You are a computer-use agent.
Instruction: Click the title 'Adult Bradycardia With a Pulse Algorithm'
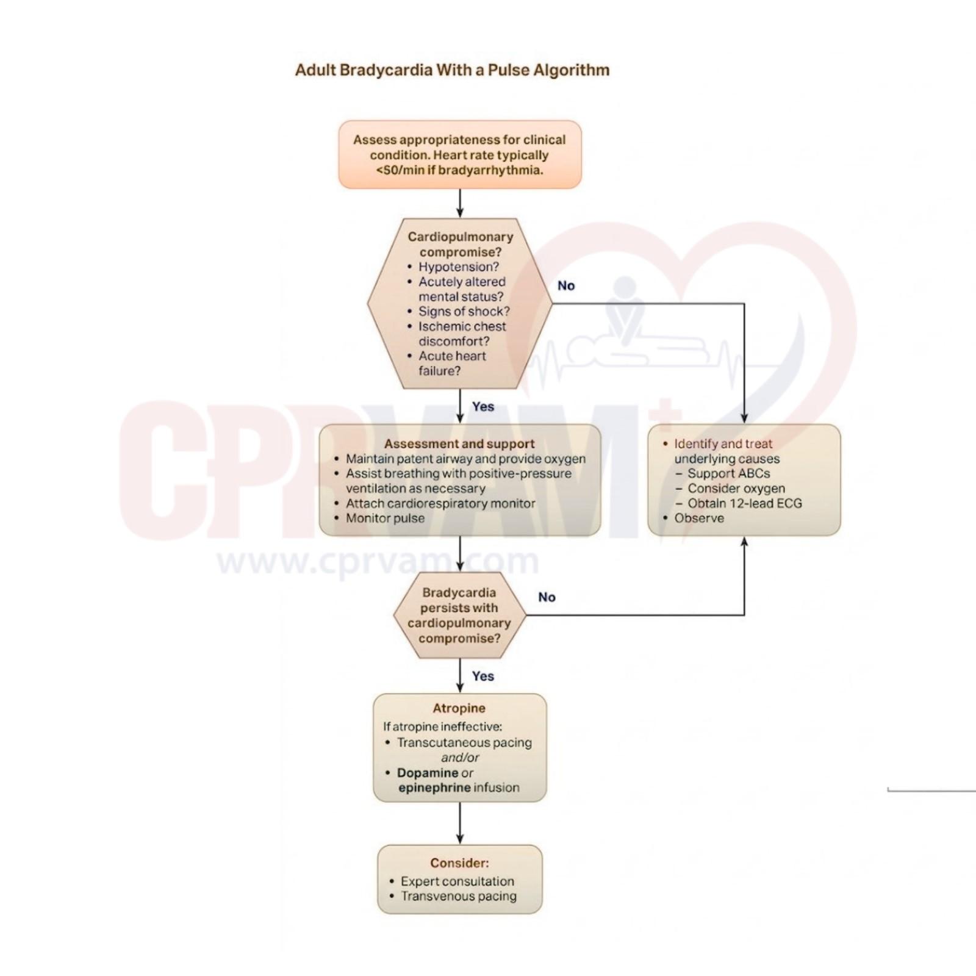452,70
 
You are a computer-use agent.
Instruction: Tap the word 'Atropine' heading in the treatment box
459,708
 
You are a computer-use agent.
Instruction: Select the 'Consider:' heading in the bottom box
459,863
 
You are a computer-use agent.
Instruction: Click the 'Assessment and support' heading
459,444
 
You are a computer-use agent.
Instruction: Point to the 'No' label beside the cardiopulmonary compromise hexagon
566,286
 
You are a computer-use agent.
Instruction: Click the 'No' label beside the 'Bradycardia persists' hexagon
547,597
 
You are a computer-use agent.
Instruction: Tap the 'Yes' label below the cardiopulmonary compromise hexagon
483,407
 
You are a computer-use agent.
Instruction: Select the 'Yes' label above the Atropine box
483,676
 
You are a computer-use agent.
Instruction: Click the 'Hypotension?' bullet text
458,267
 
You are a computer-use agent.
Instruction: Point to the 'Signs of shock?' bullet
464,312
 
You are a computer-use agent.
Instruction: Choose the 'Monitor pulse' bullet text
385,518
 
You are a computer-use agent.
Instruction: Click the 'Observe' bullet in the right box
699,518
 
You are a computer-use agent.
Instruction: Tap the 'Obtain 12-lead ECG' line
744,504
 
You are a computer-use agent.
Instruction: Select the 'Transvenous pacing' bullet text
458,897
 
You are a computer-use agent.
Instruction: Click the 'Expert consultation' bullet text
457,881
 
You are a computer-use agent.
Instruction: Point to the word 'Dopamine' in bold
427,773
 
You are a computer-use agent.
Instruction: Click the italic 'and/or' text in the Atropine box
460,758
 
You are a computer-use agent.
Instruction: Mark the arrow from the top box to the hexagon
460,203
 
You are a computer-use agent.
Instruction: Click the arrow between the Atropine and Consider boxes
460,823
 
